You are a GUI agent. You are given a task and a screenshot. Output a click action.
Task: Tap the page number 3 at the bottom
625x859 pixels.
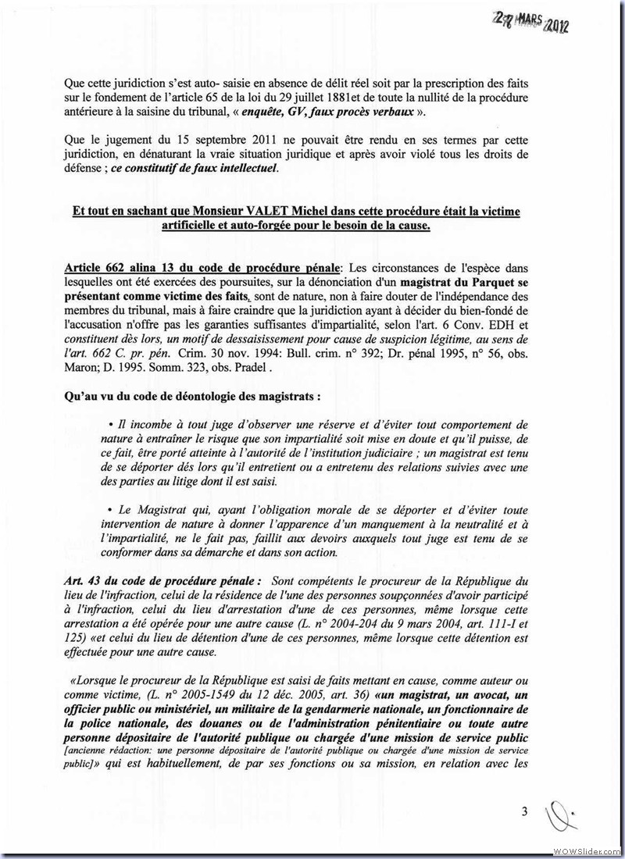point(525,812)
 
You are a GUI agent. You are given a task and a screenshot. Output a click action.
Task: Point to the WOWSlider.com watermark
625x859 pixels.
point(588,848)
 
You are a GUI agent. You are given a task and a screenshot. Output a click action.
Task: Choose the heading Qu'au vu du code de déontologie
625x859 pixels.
point(191,396)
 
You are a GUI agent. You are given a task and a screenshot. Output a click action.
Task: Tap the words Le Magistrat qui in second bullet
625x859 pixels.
point(160,508)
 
